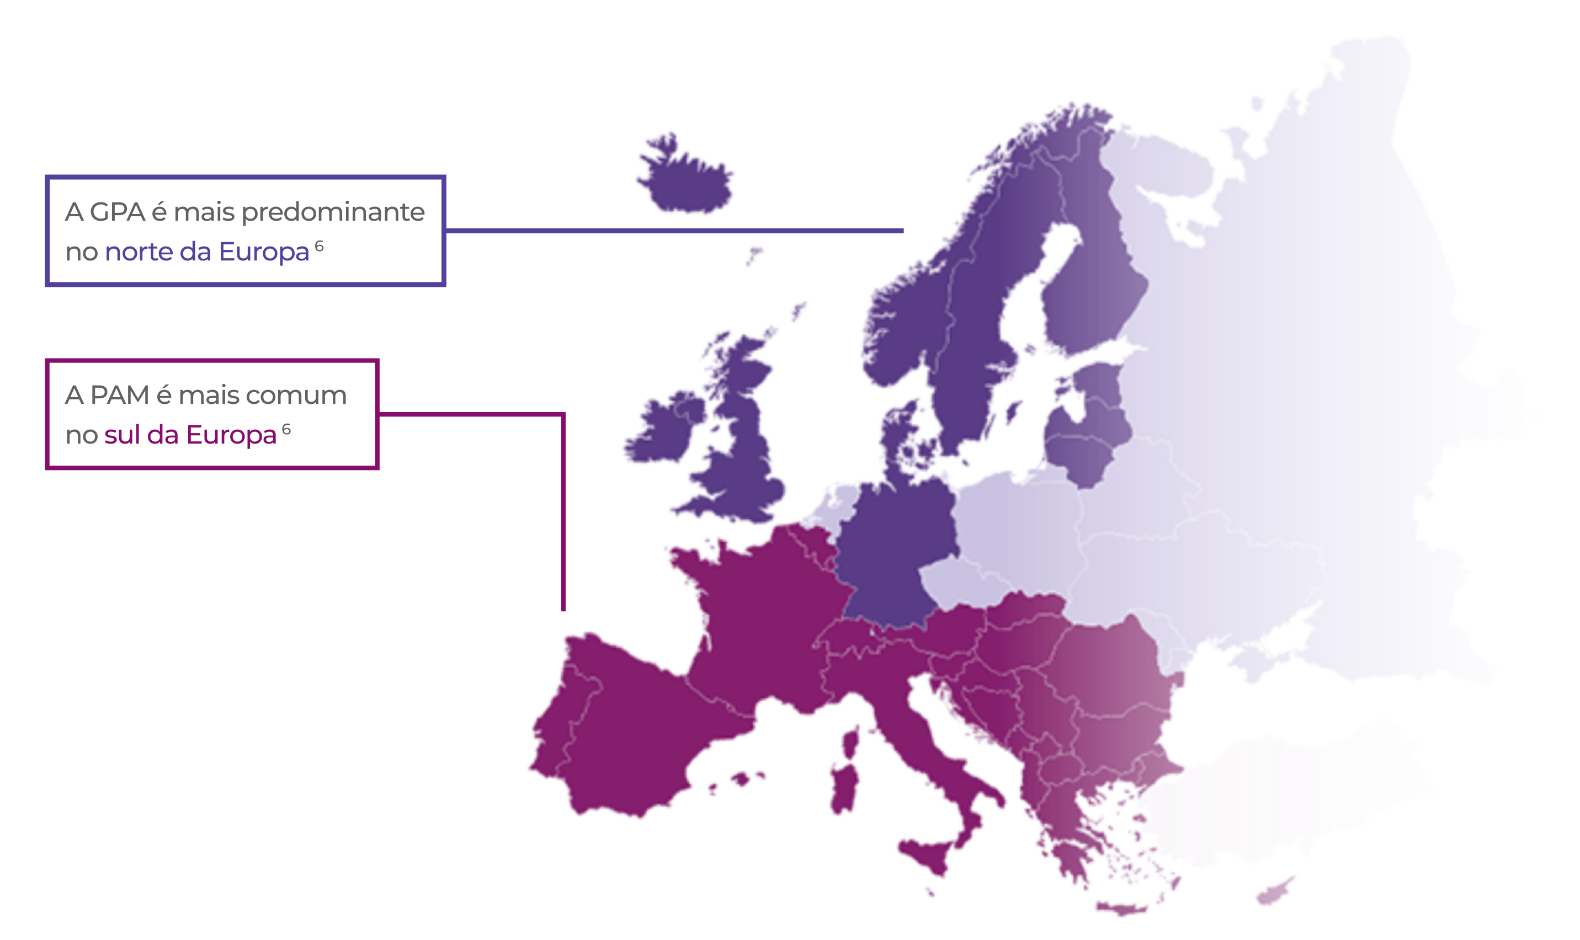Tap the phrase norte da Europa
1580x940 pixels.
pyautogui.click(x=207, y=252)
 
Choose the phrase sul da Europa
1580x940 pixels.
pyautogui.click(x=190, y=436)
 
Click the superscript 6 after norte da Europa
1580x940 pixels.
pyautogui.click(x=320, y=246)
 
